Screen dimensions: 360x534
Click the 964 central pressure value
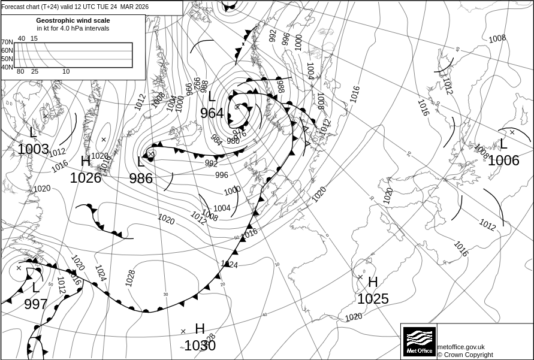click(x=212, y=113)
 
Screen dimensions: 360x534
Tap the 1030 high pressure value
click(x=200, y=346)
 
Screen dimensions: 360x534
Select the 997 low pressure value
click(x=36, y=304)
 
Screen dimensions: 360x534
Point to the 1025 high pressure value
click(x=373, y=298)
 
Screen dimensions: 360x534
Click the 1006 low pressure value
click(x=503, y=161)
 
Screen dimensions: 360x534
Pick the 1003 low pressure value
click(x=33, y=149)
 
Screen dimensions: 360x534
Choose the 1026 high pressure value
click(x=86, y=178)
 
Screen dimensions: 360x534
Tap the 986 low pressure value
click(x=141, y=179)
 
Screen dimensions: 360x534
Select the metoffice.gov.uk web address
click(x=461, y=347)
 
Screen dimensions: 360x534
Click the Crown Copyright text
click(x=465, y=355)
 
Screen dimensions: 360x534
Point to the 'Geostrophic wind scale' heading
click(x=73, y=20)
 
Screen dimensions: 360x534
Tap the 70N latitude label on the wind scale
click(x=7, y=43)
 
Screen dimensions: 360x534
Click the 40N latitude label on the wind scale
click(x=7, y=67)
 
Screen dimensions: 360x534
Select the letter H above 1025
click(x=373, y=282)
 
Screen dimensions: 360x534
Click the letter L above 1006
click(x=503, y=144)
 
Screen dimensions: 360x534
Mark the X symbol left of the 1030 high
click(x=183, y=331)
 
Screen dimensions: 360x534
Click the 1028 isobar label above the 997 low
click(x=130, y=277)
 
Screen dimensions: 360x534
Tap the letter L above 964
click(x=212, y=97)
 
